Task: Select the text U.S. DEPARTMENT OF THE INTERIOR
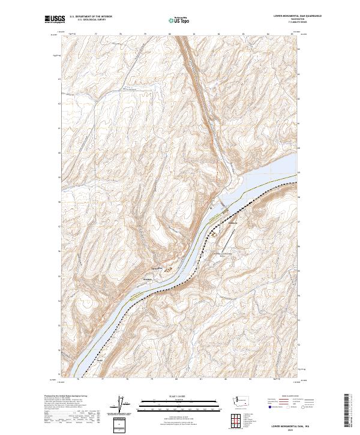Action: pyautogui.click(x=91, y=17)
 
